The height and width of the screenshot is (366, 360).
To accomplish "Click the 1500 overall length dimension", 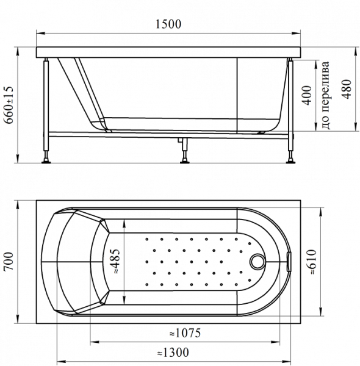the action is [168, 24].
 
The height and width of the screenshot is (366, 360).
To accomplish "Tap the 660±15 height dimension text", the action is [9, 105].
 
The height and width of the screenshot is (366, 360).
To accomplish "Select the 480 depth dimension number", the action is [347, 89].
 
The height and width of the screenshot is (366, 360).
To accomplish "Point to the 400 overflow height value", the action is [307, 95].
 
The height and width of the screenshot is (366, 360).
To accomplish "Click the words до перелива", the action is [326, 95].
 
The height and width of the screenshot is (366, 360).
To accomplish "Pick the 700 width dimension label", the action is [9, 261].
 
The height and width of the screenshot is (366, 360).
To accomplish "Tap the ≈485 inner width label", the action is [116, 262].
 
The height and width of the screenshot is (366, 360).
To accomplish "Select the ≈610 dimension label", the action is [311, 262].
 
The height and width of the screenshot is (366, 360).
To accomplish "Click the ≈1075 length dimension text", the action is [185, 333].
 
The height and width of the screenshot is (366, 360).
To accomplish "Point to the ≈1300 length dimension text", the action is [173, 353].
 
